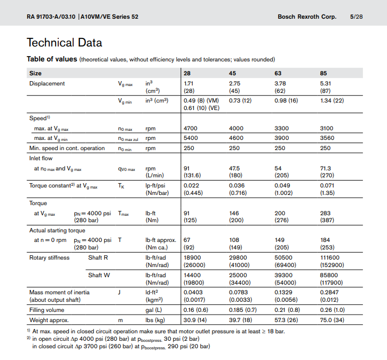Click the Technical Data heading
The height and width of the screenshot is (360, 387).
coord(64,43)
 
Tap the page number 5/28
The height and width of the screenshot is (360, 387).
coord(356,17)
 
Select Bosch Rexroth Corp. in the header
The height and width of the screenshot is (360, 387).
coord(307,17)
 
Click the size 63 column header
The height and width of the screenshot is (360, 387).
coord(279,73)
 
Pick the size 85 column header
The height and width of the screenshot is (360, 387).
coord(324,73)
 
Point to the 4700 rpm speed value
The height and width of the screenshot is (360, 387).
coord(191,128)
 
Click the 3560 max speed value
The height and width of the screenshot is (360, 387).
coord(327,138)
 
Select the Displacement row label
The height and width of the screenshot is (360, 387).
coord(47,83)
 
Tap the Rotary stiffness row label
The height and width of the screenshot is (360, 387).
coord(49,257)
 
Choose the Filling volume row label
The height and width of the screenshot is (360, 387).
coord(48,310)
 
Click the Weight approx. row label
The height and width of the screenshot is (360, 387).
coord(49,320)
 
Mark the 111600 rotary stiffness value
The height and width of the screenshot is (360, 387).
coord(330,257)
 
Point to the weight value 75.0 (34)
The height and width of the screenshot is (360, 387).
coord(332,320)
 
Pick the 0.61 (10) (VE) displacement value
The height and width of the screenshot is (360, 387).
coord(201,108)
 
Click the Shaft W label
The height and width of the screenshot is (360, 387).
coord(99,275)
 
